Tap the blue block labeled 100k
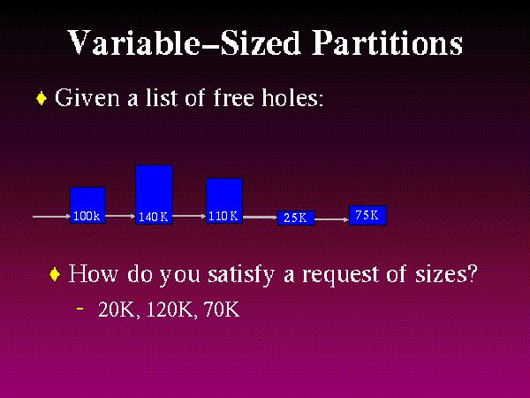click(87, 204)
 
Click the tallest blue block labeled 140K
click(154, 194)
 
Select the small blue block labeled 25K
click(296, 217)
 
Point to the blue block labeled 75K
click(367, 214)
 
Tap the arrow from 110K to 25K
click(260, 216)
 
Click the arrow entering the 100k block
click(51, 215)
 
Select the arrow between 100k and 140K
click(120, 214)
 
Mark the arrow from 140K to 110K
click(189, 214)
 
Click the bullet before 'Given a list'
click(42, 98)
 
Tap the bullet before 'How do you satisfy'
click(55, 275)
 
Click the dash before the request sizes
click(80, 308)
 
